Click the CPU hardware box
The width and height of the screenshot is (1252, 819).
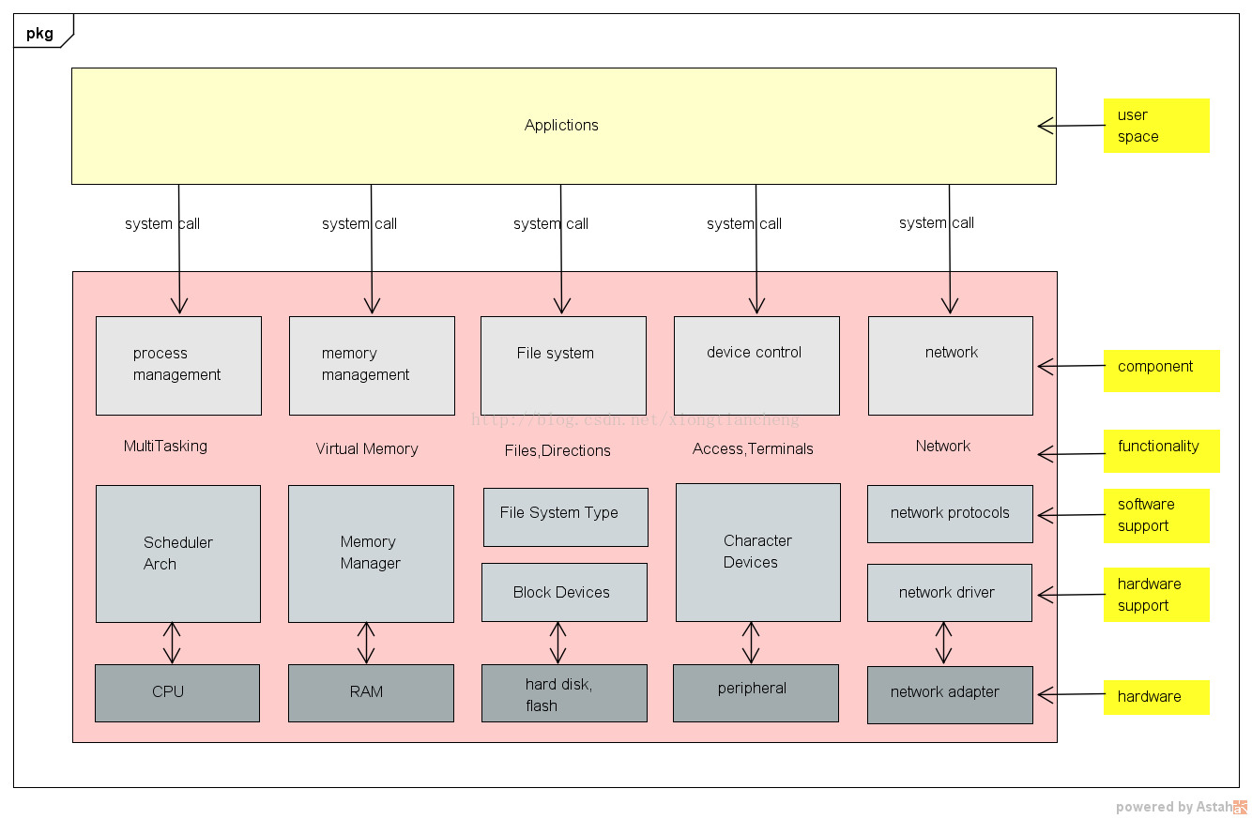click(177, 692)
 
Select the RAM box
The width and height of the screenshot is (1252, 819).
click(371, 692)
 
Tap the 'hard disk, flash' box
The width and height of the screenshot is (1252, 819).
click(564, 692)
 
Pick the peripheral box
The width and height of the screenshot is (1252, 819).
click(756, 692)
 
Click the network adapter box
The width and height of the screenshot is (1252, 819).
click(950, 694)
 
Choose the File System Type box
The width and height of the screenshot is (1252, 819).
click(566, 517)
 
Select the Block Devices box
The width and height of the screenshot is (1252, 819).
click(564, 592)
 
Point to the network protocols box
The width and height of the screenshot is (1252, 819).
click(950, 514)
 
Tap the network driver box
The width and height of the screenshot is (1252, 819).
click(950, 593)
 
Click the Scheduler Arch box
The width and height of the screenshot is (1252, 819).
click(178, 554)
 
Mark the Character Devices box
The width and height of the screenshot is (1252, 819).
click(758, 553)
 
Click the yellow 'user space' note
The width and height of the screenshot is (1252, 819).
click(1156, 126)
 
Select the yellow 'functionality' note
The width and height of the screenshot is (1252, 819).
click(1162, 451)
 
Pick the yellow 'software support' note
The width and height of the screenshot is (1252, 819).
click(1156, 516)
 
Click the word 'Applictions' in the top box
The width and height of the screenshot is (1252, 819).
click(561, 125)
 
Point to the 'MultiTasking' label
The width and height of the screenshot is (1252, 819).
click(165, 447)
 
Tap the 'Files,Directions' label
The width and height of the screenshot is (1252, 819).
click(557, 450)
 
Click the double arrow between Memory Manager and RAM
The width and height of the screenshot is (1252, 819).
click(366, 643)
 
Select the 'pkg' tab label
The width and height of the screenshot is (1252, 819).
click(39, 34)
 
